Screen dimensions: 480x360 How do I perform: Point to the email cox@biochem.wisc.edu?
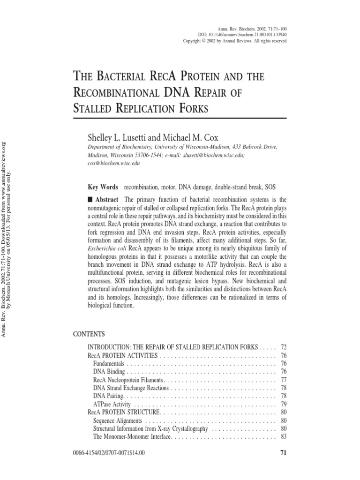(111, 164)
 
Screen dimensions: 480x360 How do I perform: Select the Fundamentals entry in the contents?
(109, 363)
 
